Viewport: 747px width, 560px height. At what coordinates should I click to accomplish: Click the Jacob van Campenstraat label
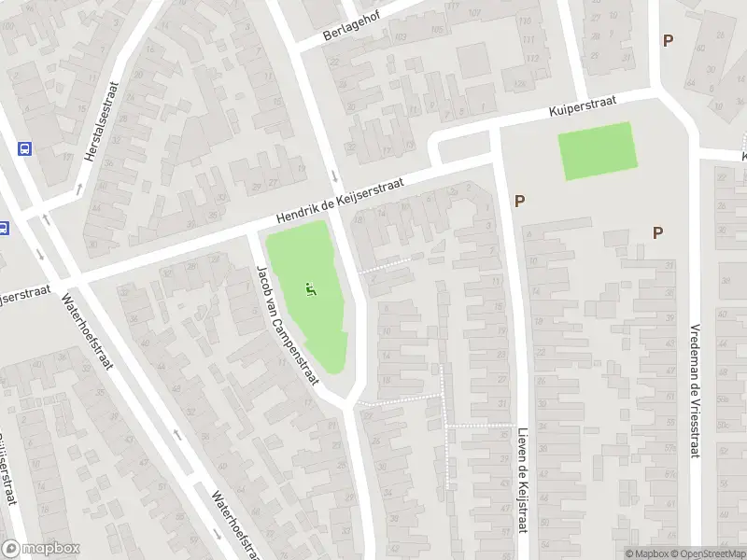(x=288, y=324)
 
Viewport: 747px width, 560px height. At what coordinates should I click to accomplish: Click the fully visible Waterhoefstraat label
(x=86, y=332)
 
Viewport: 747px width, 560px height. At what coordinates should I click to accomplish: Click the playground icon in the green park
(x=310, y=290)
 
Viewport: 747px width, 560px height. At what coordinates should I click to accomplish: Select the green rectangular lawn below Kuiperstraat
(x=598, y=151)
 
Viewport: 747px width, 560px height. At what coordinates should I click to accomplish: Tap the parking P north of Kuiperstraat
(x=667, y=40)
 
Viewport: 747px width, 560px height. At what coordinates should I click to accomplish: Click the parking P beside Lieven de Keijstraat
(x=519, y=201)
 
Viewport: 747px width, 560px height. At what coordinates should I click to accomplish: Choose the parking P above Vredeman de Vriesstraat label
(x=658, y=232)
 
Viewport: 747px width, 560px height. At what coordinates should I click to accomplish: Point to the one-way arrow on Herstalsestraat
(x=78, y=189)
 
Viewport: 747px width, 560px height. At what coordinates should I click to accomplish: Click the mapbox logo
(x=39, y=548)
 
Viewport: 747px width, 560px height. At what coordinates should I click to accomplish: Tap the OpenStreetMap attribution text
(x=707, y=553)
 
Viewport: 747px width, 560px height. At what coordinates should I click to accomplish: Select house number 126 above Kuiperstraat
(x=519, y=86)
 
